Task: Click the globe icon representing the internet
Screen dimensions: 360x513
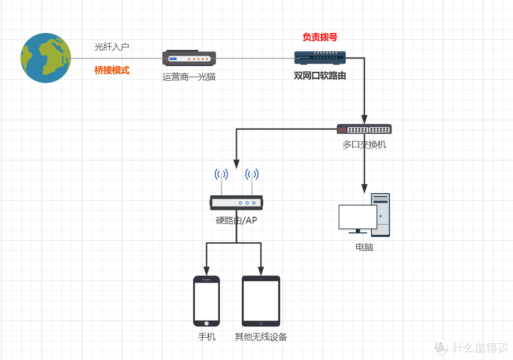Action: point(46,58)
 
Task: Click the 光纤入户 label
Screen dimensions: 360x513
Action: point(112,47)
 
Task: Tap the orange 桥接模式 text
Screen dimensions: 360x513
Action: point(112,70)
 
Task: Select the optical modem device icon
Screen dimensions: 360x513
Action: point(189,58)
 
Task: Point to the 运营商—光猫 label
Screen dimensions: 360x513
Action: point(189,76)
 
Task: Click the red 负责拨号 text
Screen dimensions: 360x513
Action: point(320,37)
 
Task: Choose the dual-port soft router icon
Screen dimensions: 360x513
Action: point(320,58)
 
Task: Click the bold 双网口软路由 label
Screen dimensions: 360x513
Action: point(320,76)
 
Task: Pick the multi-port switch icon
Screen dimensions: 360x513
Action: point(364,129)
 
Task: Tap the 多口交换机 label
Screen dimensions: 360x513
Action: point(364,145)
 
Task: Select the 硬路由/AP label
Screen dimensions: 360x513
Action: point(236,220)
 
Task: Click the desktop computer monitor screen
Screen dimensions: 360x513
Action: point(357,217)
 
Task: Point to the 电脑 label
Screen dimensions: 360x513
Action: point(364,247)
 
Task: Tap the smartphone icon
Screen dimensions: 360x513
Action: point(207,301)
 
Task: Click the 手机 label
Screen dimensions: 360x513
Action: point(207,337)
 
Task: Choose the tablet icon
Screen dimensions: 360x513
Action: point(261,301)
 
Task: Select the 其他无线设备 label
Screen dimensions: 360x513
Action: point(261,337)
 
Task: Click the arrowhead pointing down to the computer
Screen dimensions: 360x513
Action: point(364,188)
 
